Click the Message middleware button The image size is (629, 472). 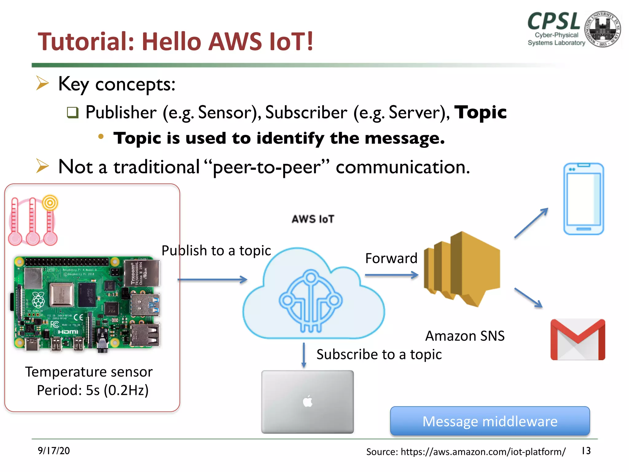[490, 421]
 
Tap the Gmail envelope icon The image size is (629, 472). [578, 339]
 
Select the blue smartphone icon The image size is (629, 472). [584, 199]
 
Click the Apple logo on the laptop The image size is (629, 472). [307, 401]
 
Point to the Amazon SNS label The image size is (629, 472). [465, 336]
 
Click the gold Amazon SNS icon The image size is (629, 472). [462, 269]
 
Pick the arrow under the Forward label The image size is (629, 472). [392, 275]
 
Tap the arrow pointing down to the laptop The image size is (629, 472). [304, 355]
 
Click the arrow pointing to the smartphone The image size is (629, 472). [531, 223]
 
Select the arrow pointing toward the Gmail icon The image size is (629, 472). [528, 297]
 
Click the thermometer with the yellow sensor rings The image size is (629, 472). [50, 221]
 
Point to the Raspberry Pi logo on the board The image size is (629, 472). [38, 300]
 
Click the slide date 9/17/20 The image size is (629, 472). [54, 450]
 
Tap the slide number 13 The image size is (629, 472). [586, 450]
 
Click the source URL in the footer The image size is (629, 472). [466, 451]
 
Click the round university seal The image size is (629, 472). [602, 29]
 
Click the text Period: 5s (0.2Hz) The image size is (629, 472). [93, 390]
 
